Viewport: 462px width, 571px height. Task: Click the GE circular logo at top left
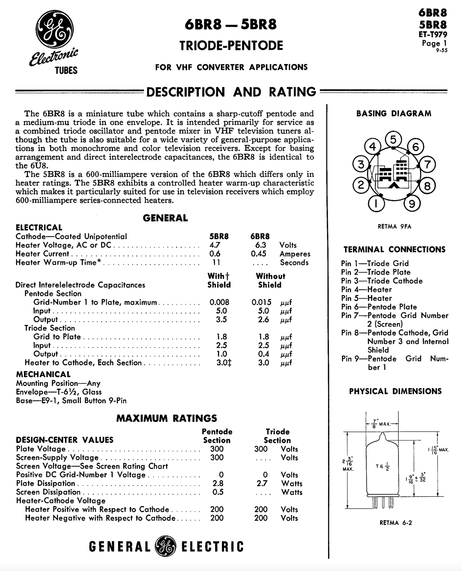tap(54, 29)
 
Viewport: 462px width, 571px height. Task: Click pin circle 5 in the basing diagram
tap(393, 139)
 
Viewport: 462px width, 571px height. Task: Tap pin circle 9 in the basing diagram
tap(412, 204)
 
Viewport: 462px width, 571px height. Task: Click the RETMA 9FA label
tap(394, 227)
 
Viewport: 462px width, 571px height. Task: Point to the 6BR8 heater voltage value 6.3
tap(261, 245)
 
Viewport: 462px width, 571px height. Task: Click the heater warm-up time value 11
tap(216, 262)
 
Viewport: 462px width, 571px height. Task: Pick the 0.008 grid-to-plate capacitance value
tap(219, 302)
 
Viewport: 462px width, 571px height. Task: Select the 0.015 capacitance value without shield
tap(261, 302)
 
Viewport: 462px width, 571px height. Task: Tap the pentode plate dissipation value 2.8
tap(217, 484)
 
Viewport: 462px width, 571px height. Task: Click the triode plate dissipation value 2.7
tap(262, 484)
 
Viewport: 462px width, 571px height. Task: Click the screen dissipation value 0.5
tap(218, 492)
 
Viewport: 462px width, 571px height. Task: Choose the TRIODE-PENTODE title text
tap(231, 45)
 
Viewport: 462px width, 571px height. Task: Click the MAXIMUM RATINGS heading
tap(167, 418)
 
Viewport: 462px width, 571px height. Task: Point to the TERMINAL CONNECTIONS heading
tap(394, 249)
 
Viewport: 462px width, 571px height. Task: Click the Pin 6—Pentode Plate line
tap(379, 307)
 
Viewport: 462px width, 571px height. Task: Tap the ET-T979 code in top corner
tap(433, 34)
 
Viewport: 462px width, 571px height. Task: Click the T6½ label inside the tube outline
tap(383, 467)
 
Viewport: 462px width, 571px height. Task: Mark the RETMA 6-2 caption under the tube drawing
tap(396, 523)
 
